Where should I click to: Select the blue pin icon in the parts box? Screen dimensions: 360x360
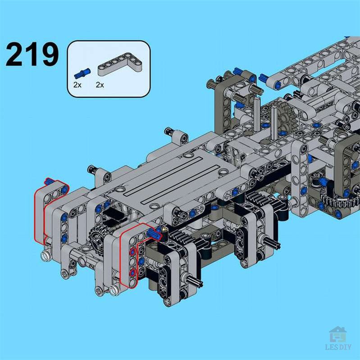82,72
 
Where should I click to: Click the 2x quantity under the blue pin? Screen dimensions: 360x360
77,85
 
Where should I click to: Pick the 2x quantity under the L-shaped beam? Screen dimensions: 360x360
100,85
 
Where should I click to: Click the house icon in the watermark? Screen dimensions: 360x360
337,335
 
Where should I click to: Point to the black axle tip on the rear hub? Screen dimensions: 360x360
273,246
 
